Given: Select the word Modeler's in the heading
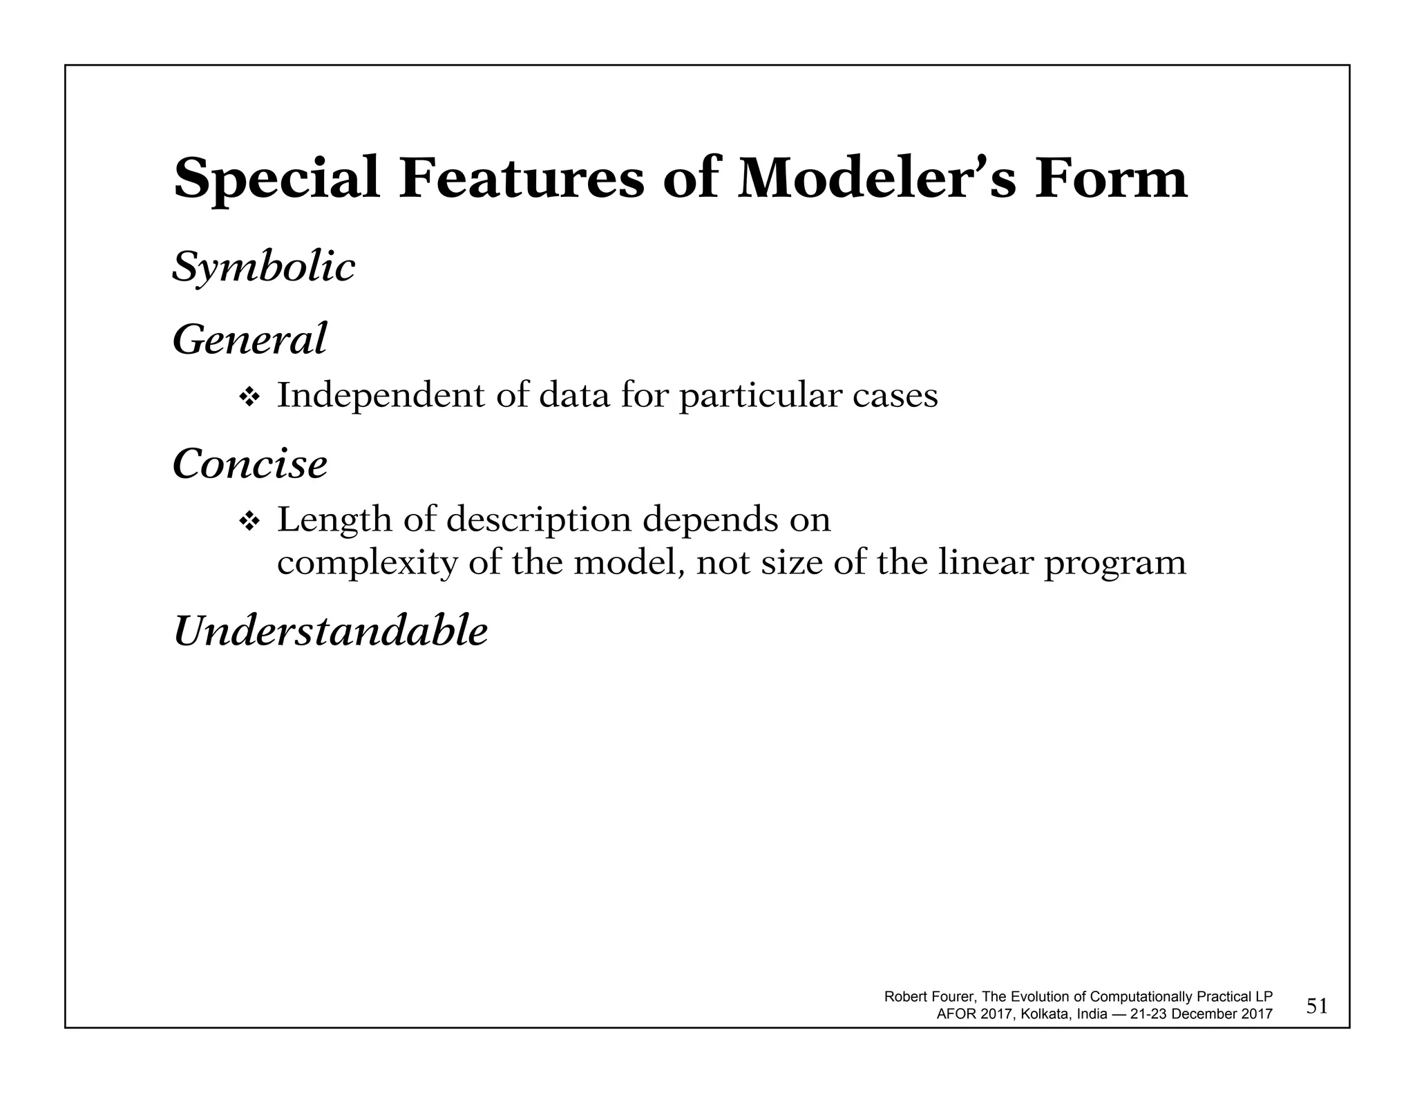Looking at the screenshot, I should pos(877,178).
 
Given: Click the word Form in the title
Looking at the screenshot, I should pos(1110,178).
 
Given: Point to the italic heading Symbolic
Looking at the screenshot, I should pos(263,268).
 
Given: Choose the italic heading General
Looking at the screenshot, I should pos(249,340).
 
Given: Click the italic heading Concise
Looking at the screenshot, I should pos(249,464).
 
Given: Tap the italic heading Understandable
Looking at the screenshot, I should pos(330,631).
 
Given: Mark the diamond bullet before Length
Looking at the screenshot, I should pos(248,521).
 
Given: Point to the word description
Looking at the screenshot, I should pos(539,521).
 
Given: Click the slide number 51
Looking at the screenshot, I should pos(1317,1007).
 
